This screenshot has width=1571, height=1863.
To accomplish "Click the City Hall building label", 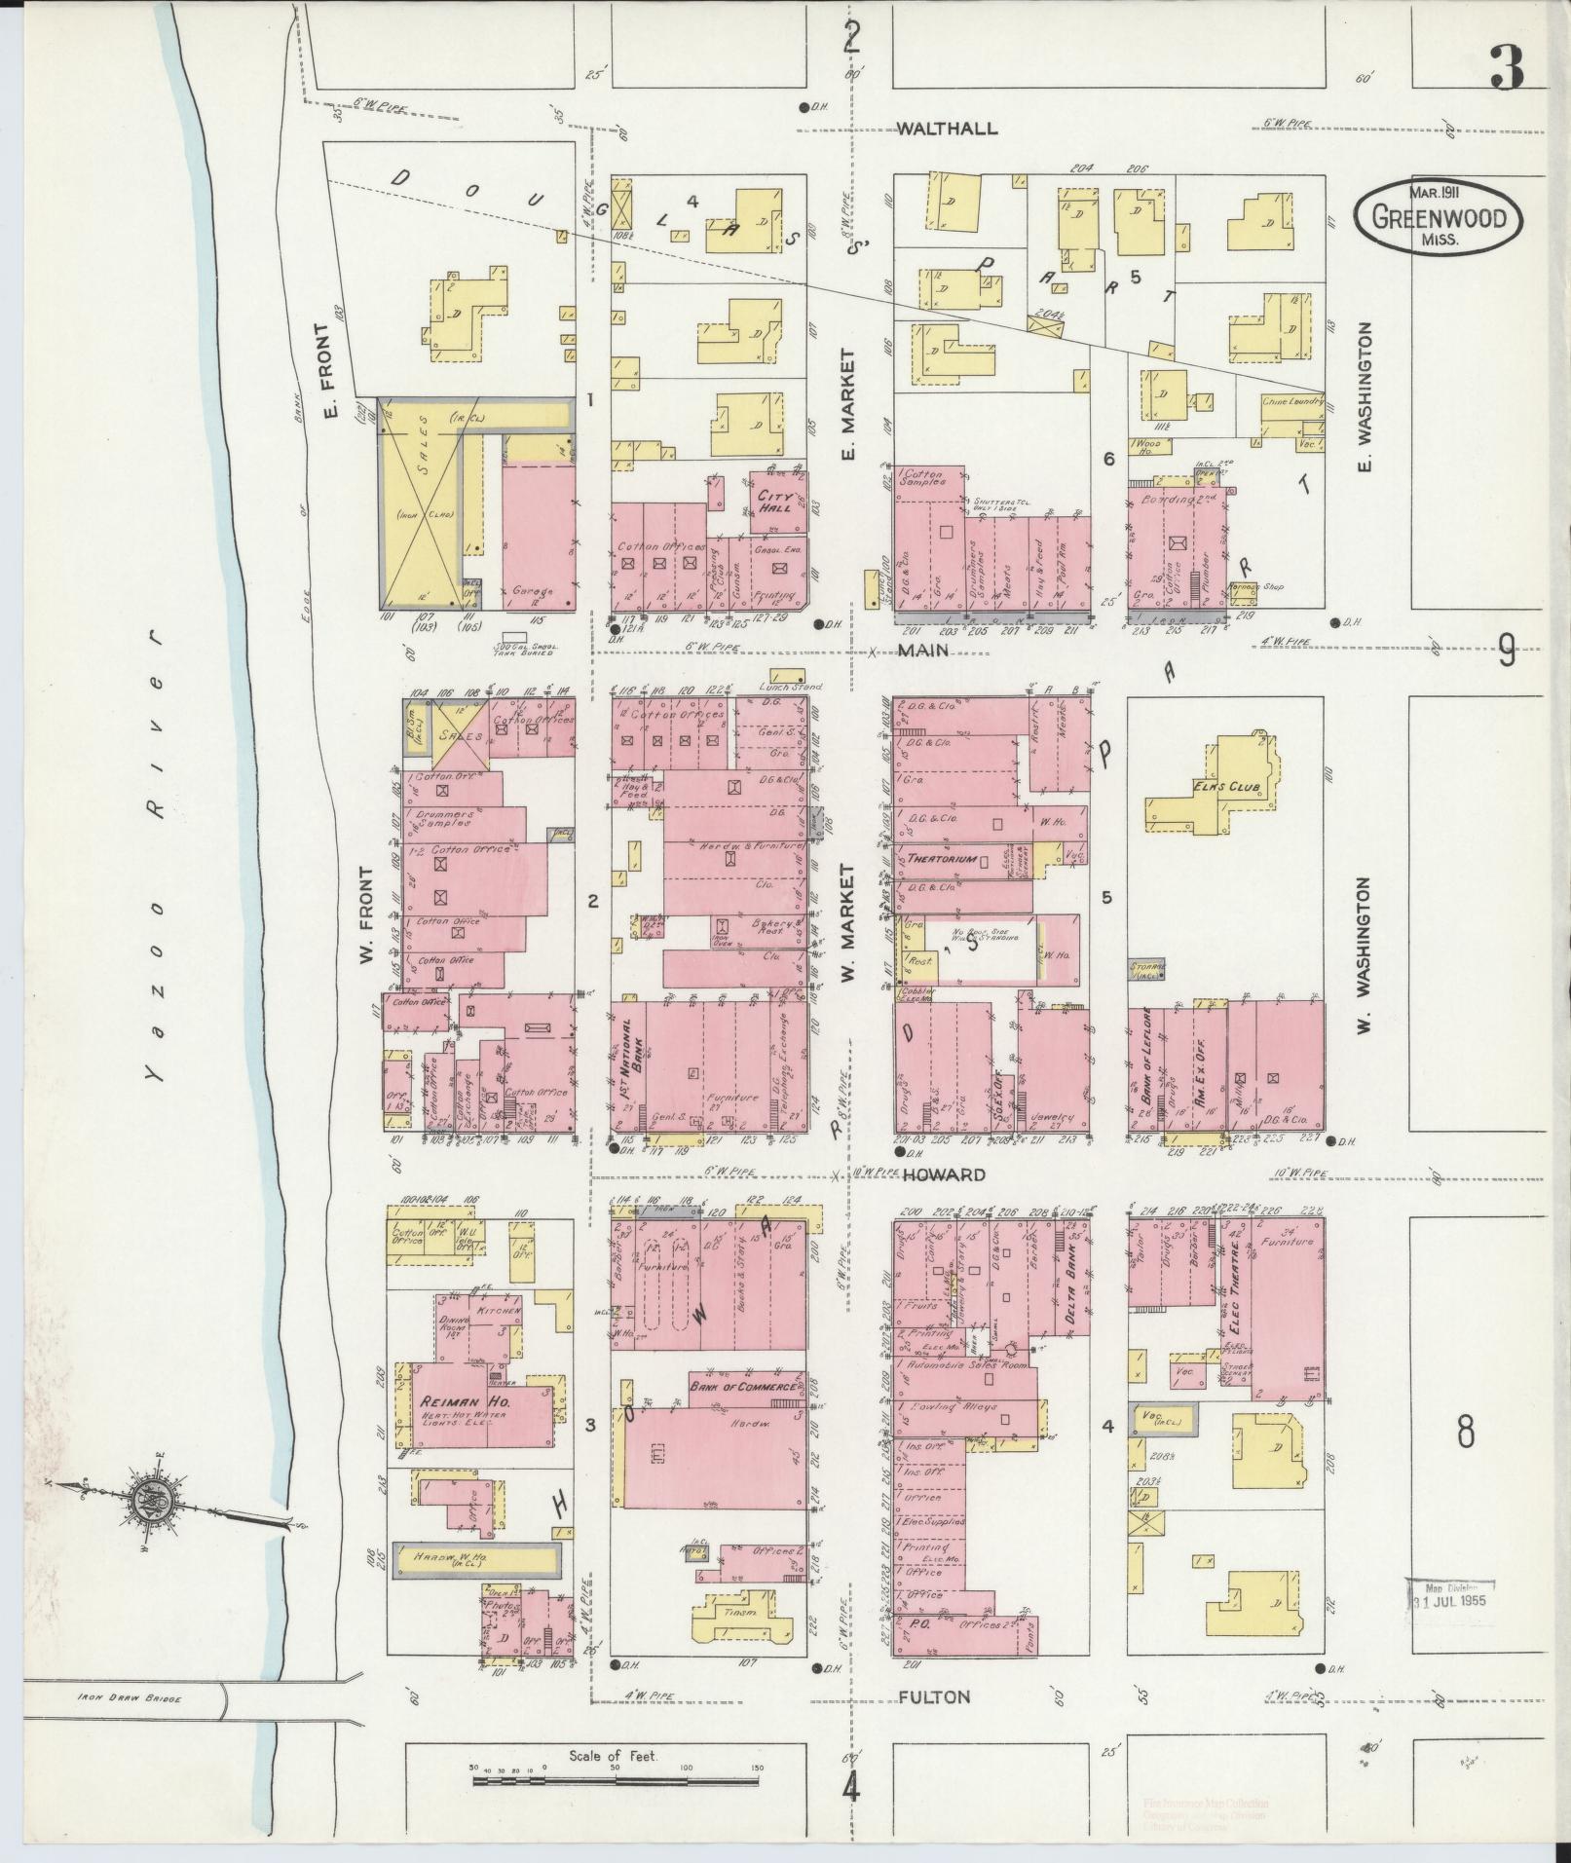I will tap(776, 501).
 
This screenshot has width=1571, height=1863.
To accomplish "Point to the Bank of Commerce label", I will tap(744, 1386).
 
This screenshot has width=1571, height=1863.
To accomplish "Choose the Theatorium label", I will tap(942, 860).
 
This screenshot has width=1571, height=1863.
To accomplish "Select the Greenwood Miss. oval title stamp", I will tap(1438, 218).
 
